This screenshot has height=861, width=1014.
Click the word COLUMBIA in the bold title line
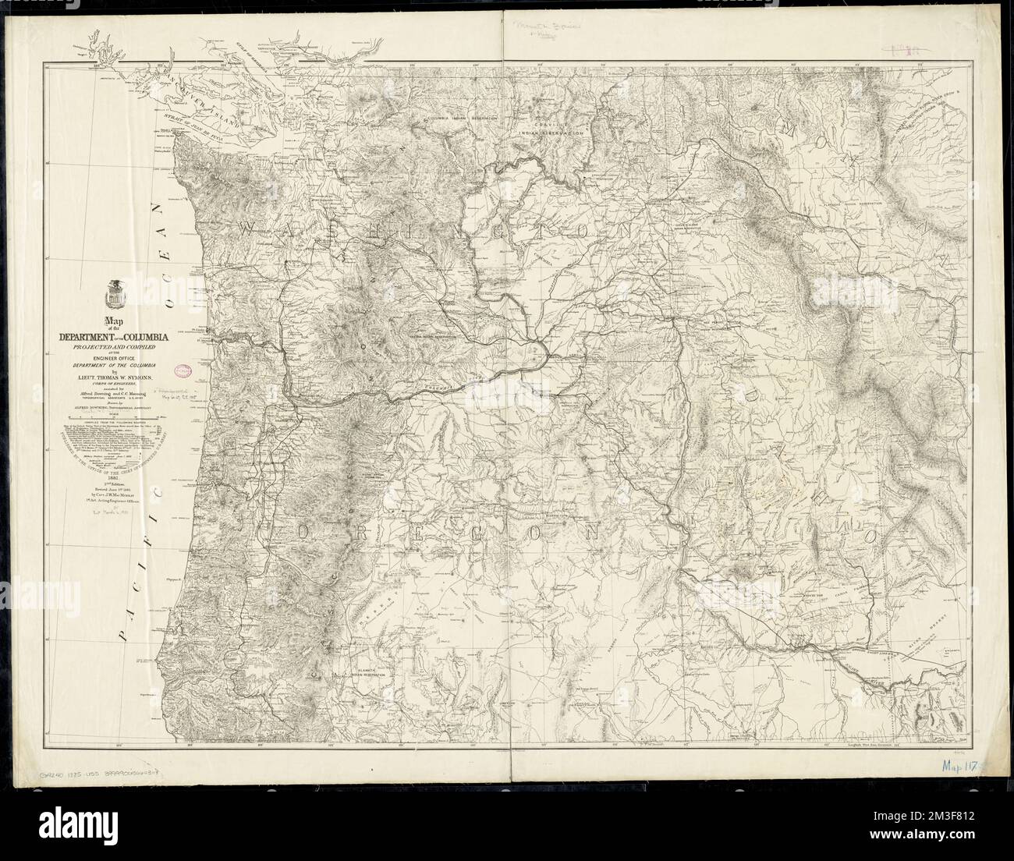tap(147, 336)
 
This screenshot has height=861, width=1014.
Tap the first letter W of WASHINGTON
tap(248, 229)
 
